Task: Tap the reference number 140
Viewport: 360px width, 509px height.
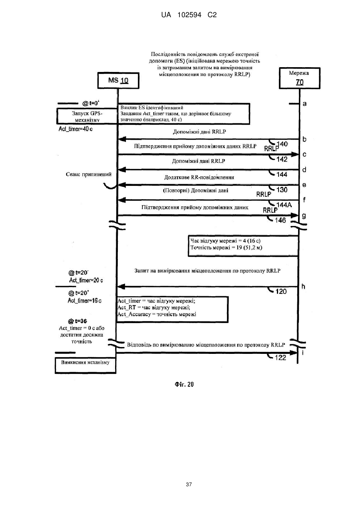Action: click(x=282, y=144)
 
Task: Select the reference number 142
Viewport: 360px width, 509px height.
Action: click(x=282, y=159)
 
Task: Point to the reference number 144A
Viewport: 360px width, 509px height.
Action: click(x=284, y=205)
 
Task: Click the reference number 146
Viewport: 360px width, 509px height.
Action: click(x=280, y=220)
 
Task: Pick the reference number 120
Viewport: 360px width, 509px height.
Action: click(x=281, y=291)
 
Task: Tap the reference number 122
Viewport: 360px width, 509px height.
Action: click(x=280, y=358)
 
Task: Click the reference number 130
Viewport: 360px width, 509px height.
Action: click(x=282, y=190)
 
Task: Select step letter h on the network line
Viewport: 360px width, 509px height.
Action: click(x=303, y=287)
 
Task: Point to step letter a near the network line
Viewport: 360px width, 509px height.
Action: click(x=304, y=104)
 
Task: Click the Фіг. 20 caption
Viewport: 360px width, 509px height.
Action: click(x=184, y=384)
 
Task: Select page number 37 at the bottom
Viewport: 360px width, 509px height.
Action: click(x=189, y=485)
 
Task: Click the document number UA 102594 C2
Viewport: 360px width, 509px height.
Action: click(x=189, y=15)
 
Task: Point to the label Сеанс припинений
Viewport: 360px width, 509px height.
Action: click(x=89, y=174)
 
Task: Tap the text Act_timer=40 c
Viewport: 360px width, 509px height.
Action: click(x=76, y=129)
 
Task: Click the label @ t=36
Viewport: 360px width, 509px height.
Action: click(x=78, y=321)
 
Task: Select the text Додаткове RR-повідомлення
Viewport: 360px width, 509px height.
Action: click(x=199, y=177)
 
